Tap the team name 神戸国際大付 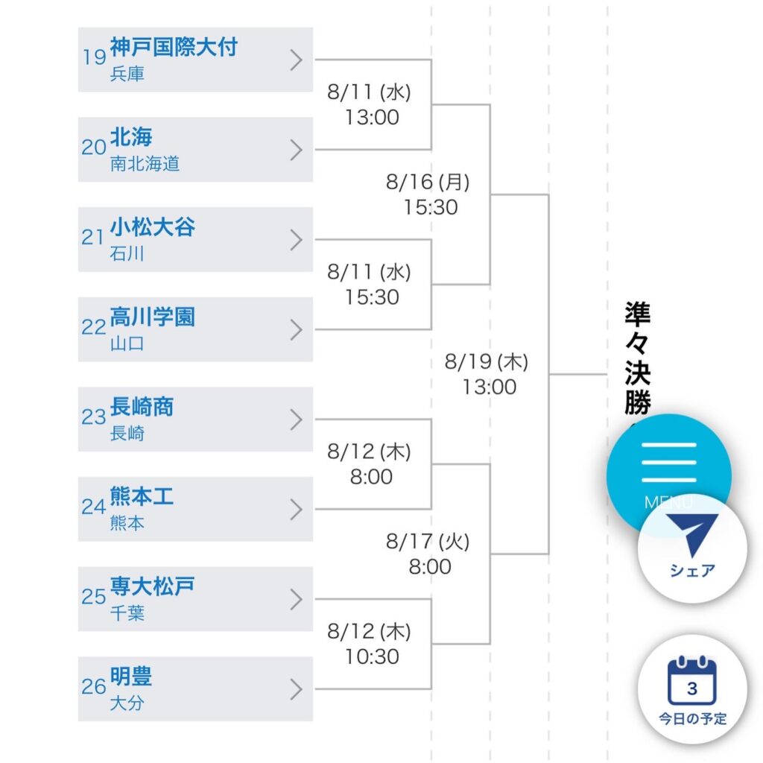click(x=174, y=47)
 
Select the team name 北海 click(x=131, y=137)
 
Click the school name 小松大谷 click(x=152, y=227)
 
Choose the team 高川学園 click(x=152, y=317)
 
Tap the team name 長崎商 click(x=142, y=407)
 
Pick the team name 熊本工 click(x=142, y=497)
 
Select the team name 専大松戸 click(x=152, y=587)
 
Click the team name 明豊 click(x=131, y=677)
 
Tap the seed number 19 click(x=95, y=57)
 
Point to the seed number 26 click(x=94, y=686)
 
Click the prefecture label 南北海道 click(x=145, y=164)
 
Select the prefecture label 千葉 click(x=127, y=613)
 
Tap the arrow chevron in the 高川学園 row click(x=297, y=329)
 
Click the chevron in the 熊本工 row click(x=297, y=510)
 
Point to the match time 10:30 click(x=372, y=657)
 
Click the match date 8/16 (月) click(x=428, y=182)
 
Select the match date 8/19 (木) click(x=486, y=361)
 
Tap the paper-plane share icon click(x=692, y=534)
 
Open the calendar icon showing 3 click(x=692, y=680)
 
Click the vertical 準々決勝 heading click(x=638, y=358)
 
